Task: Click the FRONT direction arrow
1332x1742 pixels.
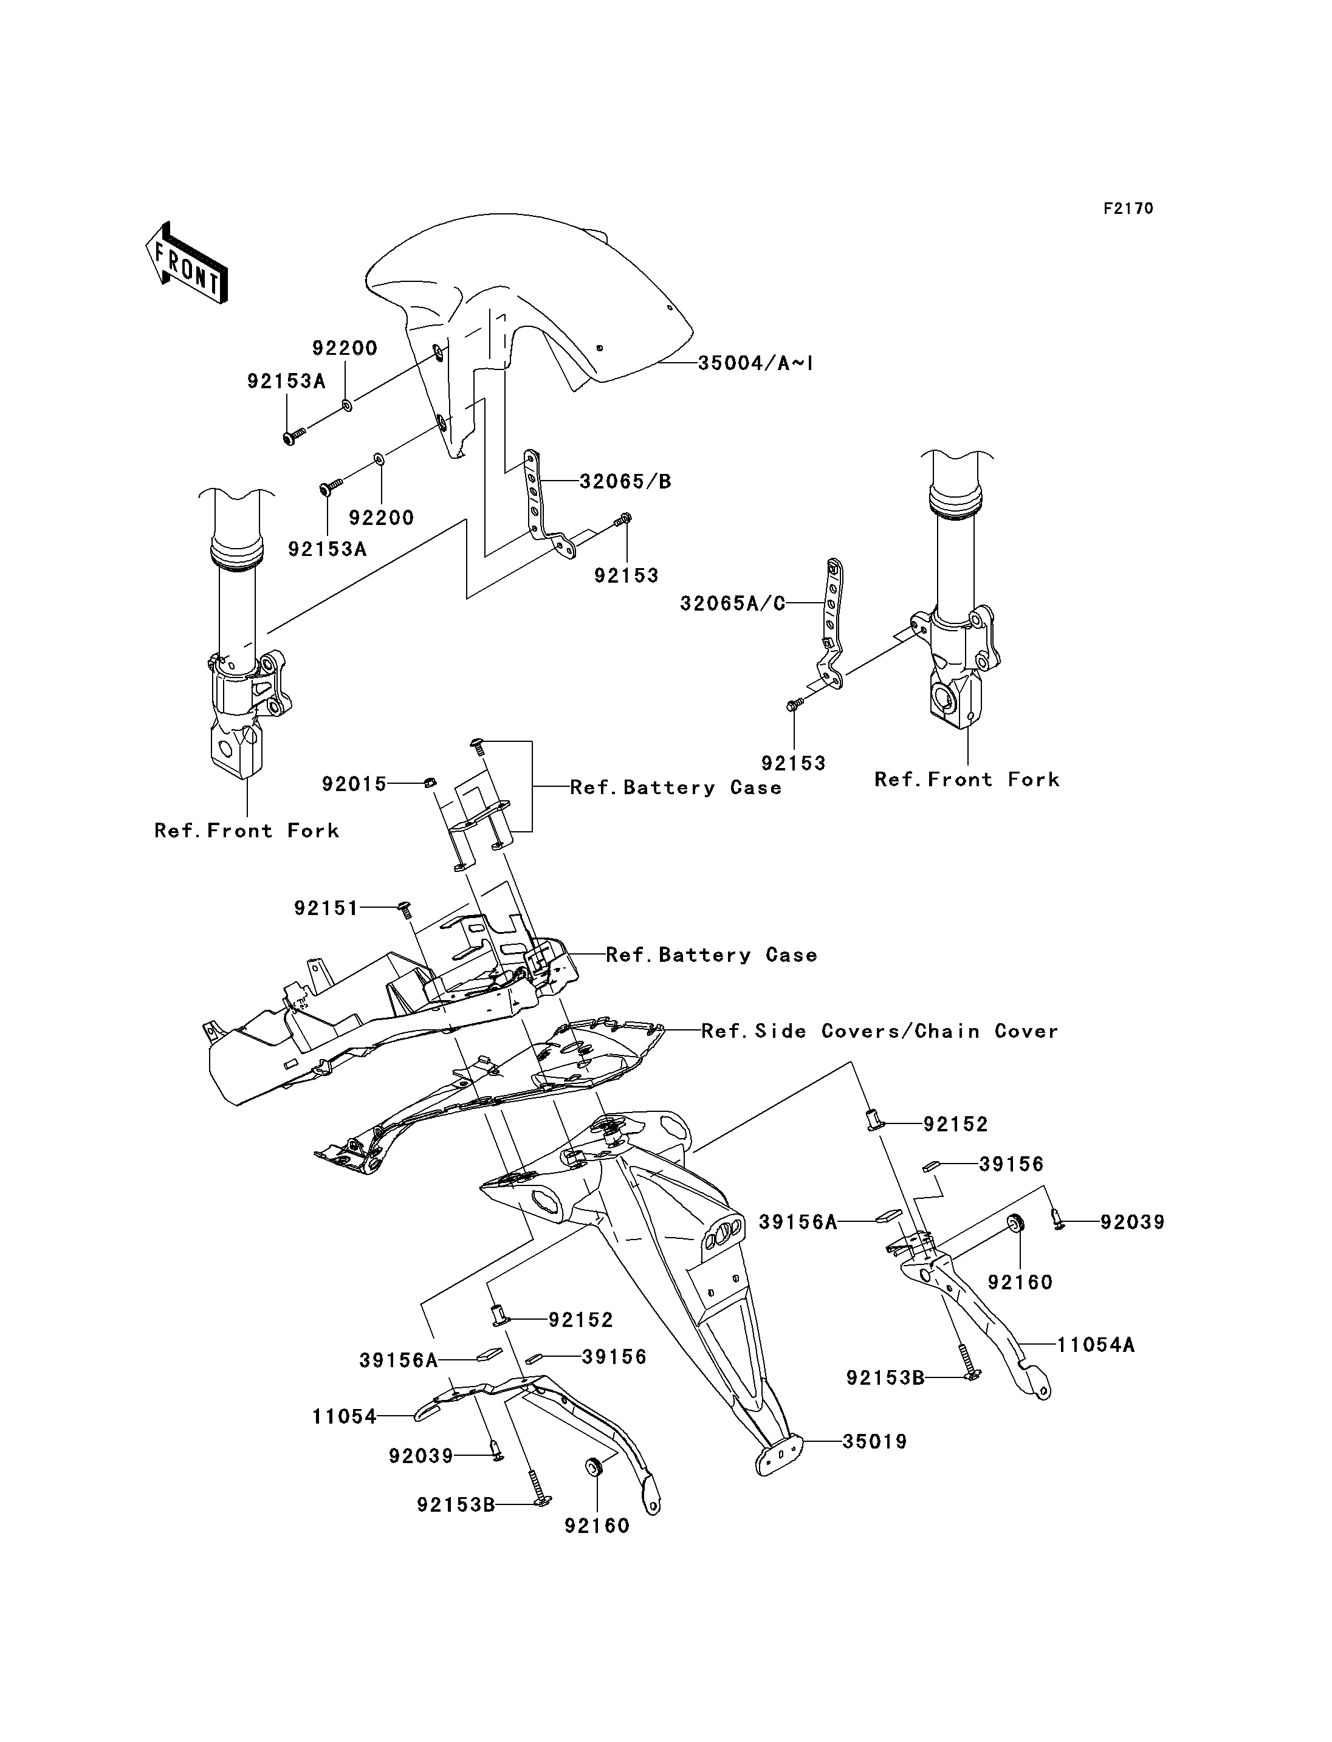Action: tap(187, 262)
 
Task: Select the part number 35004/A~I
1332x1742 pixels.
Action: tap(755, 363)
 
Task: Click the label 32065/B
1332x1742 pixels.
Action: tap(625, 481)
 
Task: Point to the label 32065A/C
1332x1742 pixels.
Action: tap(733, 603)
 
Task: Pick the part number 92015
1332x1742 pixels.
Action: tap(354, 784)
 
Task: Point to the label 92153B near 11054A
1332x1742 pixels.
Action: tap(885, 1377)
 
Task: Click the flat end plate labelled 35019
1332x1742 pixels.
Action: tap(780, 1456)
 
